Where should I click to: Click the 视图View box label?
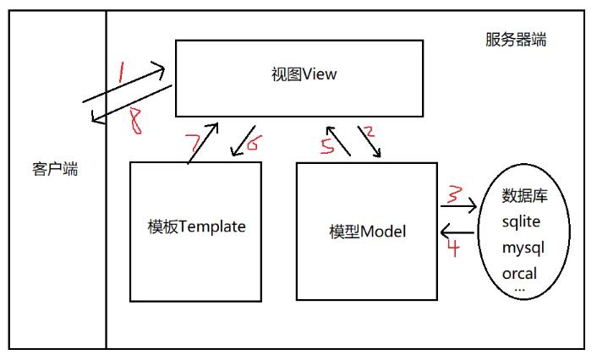[300, 75]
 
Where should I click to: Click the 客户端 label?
[55, 169]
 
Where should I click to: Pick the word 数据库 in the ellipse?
[525, 196]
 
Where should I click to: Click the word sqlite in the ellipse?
[521, 222]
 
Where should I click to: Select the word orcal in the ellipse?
[520, 275]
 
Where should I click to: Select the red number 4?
[452, 248]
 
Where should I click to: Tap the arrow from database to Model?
[457, 231]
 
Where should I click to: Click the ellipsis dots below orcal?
[519, 289]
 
